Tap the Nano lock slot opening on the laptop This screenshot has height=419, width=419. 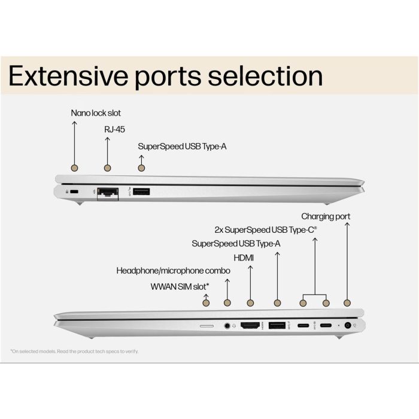coord(75,192)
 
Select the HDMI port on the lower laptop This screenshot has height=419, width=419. coord(250,325)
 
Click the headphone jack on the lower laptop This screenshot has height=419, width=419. coord(227,326)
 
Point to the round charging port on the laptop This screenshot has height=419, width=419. coord(348,325)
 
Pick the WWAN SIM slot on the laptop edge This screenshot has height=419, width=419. coord(207,326)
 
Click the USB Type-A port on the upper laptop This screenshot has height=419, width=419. coord(141,192)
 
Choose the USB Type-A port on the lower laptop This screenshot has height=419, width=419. coord(277,325)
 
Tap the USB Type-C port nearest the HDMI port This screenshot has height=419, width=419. coord(303,326)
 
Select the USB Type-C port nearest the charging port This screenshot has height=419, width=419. coord(326,325)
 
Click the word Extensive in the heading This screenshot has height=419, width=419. coord(68,76)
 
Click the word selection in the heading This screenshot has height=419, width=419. coord(265,76)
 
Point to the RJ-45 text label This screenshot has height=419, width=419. coord(114,130)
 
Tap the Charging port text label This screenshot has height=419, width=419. coord(326,217)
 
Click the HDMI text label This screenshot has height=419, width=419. coord(244,258)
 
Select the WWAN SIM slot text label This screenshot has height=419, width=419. coord(180,287)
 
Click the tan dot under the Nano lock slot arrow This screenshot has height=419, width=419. coord(75,168)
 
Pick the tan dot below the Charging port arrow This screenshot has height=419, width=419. coord(347,303)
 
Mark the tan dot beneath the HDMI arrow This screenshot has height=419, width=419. coord(250,303)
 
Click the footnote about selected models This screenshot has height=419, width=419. coord(75,351)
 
